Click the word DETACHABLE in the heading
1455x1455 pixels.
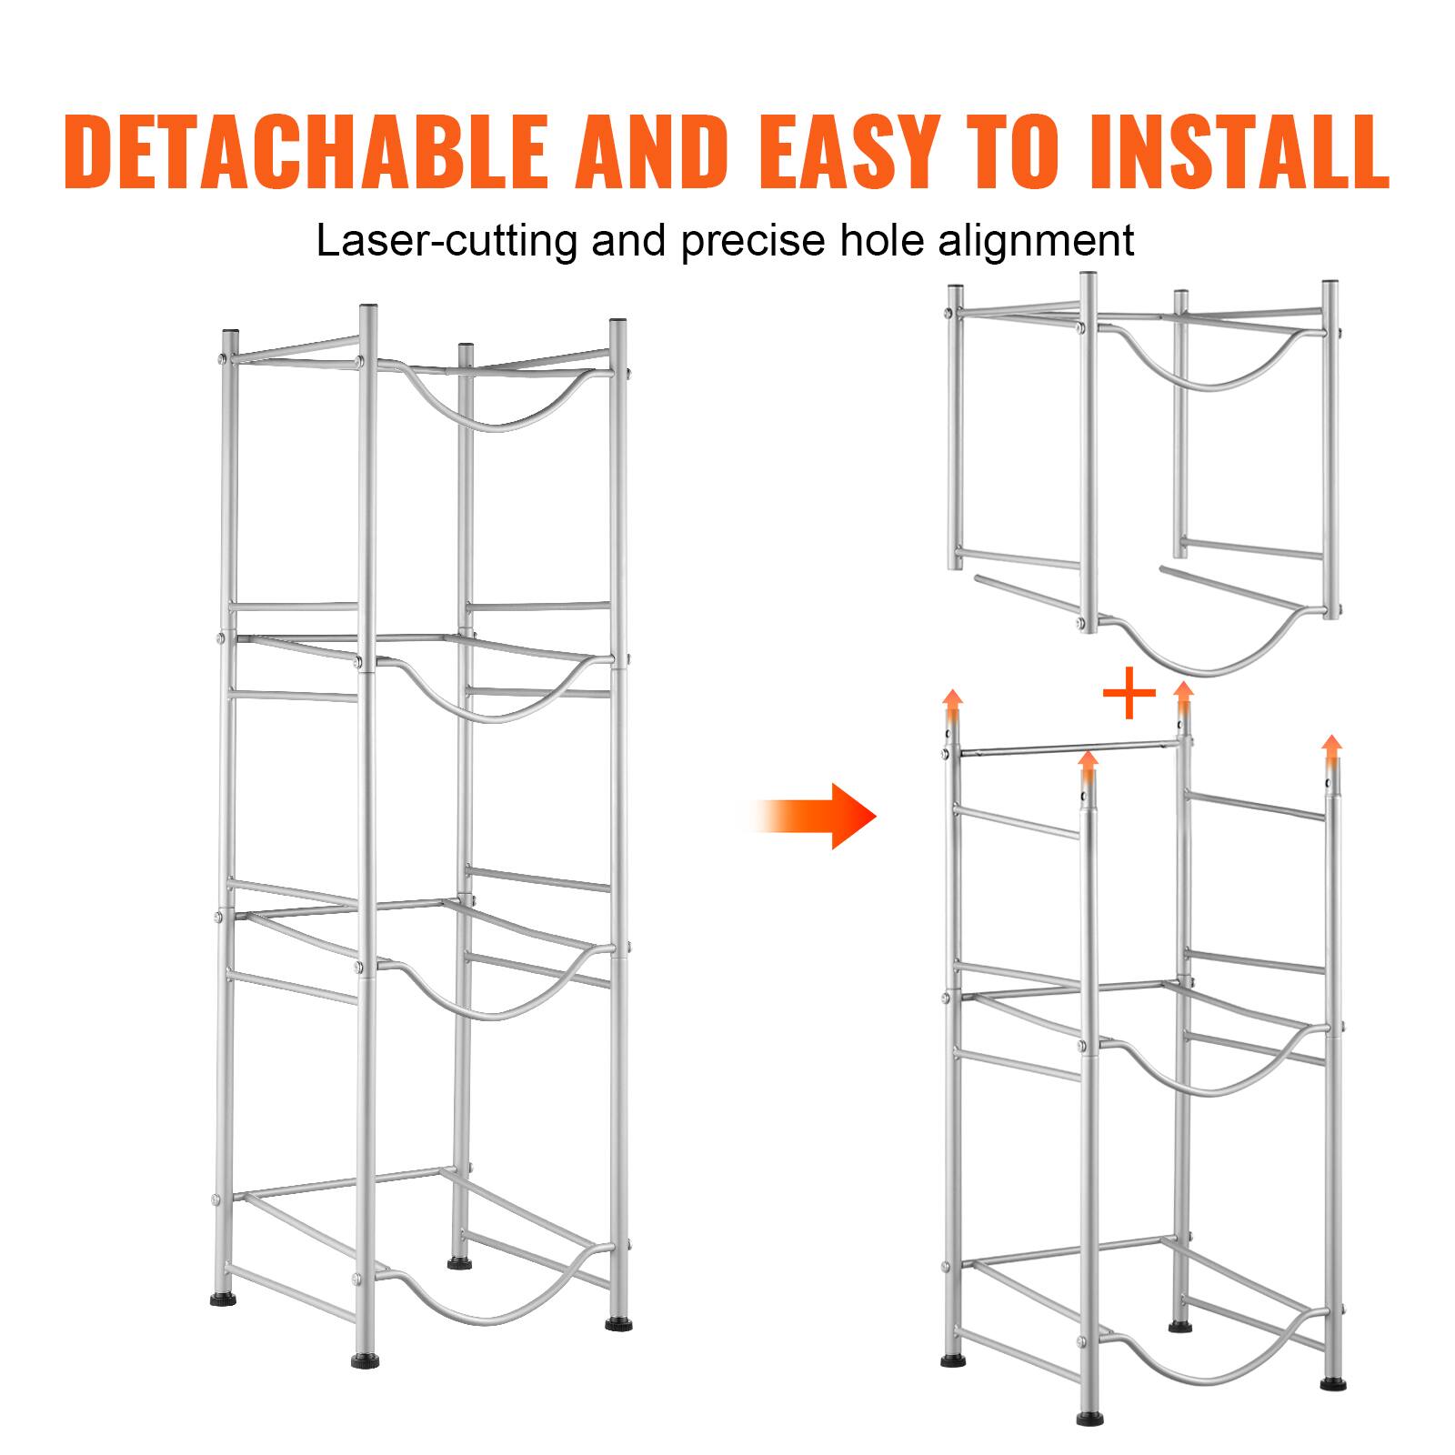click(x=306, y=151)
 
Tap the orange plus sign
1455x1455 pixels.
click(x=1129, y=694)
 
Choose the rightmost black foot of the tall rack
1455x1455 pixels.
click(x=617, y=1324)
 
